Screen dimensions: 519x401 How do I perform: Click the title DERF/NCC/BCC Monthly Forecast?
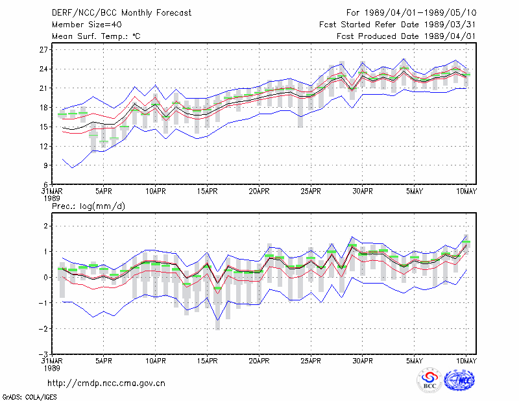pyautogui.click(x=121, y=13)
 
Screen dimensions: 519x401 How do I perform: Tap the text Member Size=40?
pyautogui.click(x=87, y=25)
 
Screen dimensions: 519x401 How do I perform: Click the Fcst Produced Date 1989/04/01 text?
pyautogui.click(x=406, y=36)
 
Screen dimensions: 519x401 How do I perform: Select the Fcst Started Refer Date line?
pyautogui.click(x=398, y=25)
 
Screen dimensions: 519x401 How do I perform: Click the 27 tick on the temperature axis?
pyautogui.click(x=43, y=50)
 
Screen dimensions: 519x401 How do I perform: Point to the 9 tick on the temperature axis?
pyautogui.click(x=45, y=165)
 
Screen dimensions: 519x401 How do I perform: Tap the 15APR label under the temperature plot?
pyautogui.click(x=207, y=191)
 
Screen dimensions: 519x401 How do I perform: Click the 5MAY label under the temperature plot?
pyautogui.click(x=415, y=191)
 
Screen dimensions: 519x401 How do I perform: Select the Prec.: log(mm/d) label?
pyautogui.click(x=88, y=206)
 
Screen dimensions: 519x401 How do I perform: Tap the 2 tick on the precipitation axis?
pyautogui.click(x=45, y=226)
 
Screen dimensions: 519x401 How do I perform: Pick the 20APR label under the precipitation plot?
pyautogui.click(x=259, y=361)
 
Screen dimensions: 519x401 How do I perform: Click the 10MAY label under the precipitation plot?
pyautogui.click(x=466, y=361)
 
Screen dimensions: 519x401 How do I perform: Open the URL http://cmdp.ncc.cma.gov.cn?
pyautogui.click(x=106, y=383)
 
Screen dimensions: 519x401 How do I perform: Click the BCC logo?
pyautogui.click(x=429, y=380)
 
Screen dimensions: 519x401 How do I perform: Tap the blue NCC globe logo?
pyautogui.click(x=459, y=380)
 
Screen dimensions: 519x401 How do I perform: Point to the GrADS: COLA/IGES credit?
pyautogui.click(x=29, y=397)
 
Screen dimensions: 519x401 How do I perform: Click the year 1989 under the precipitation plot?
pyautogui.click(x=52, y=368)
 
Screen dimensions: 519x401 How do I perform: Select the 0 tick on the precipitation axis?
pyautogui.click(x=45, y=277)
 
